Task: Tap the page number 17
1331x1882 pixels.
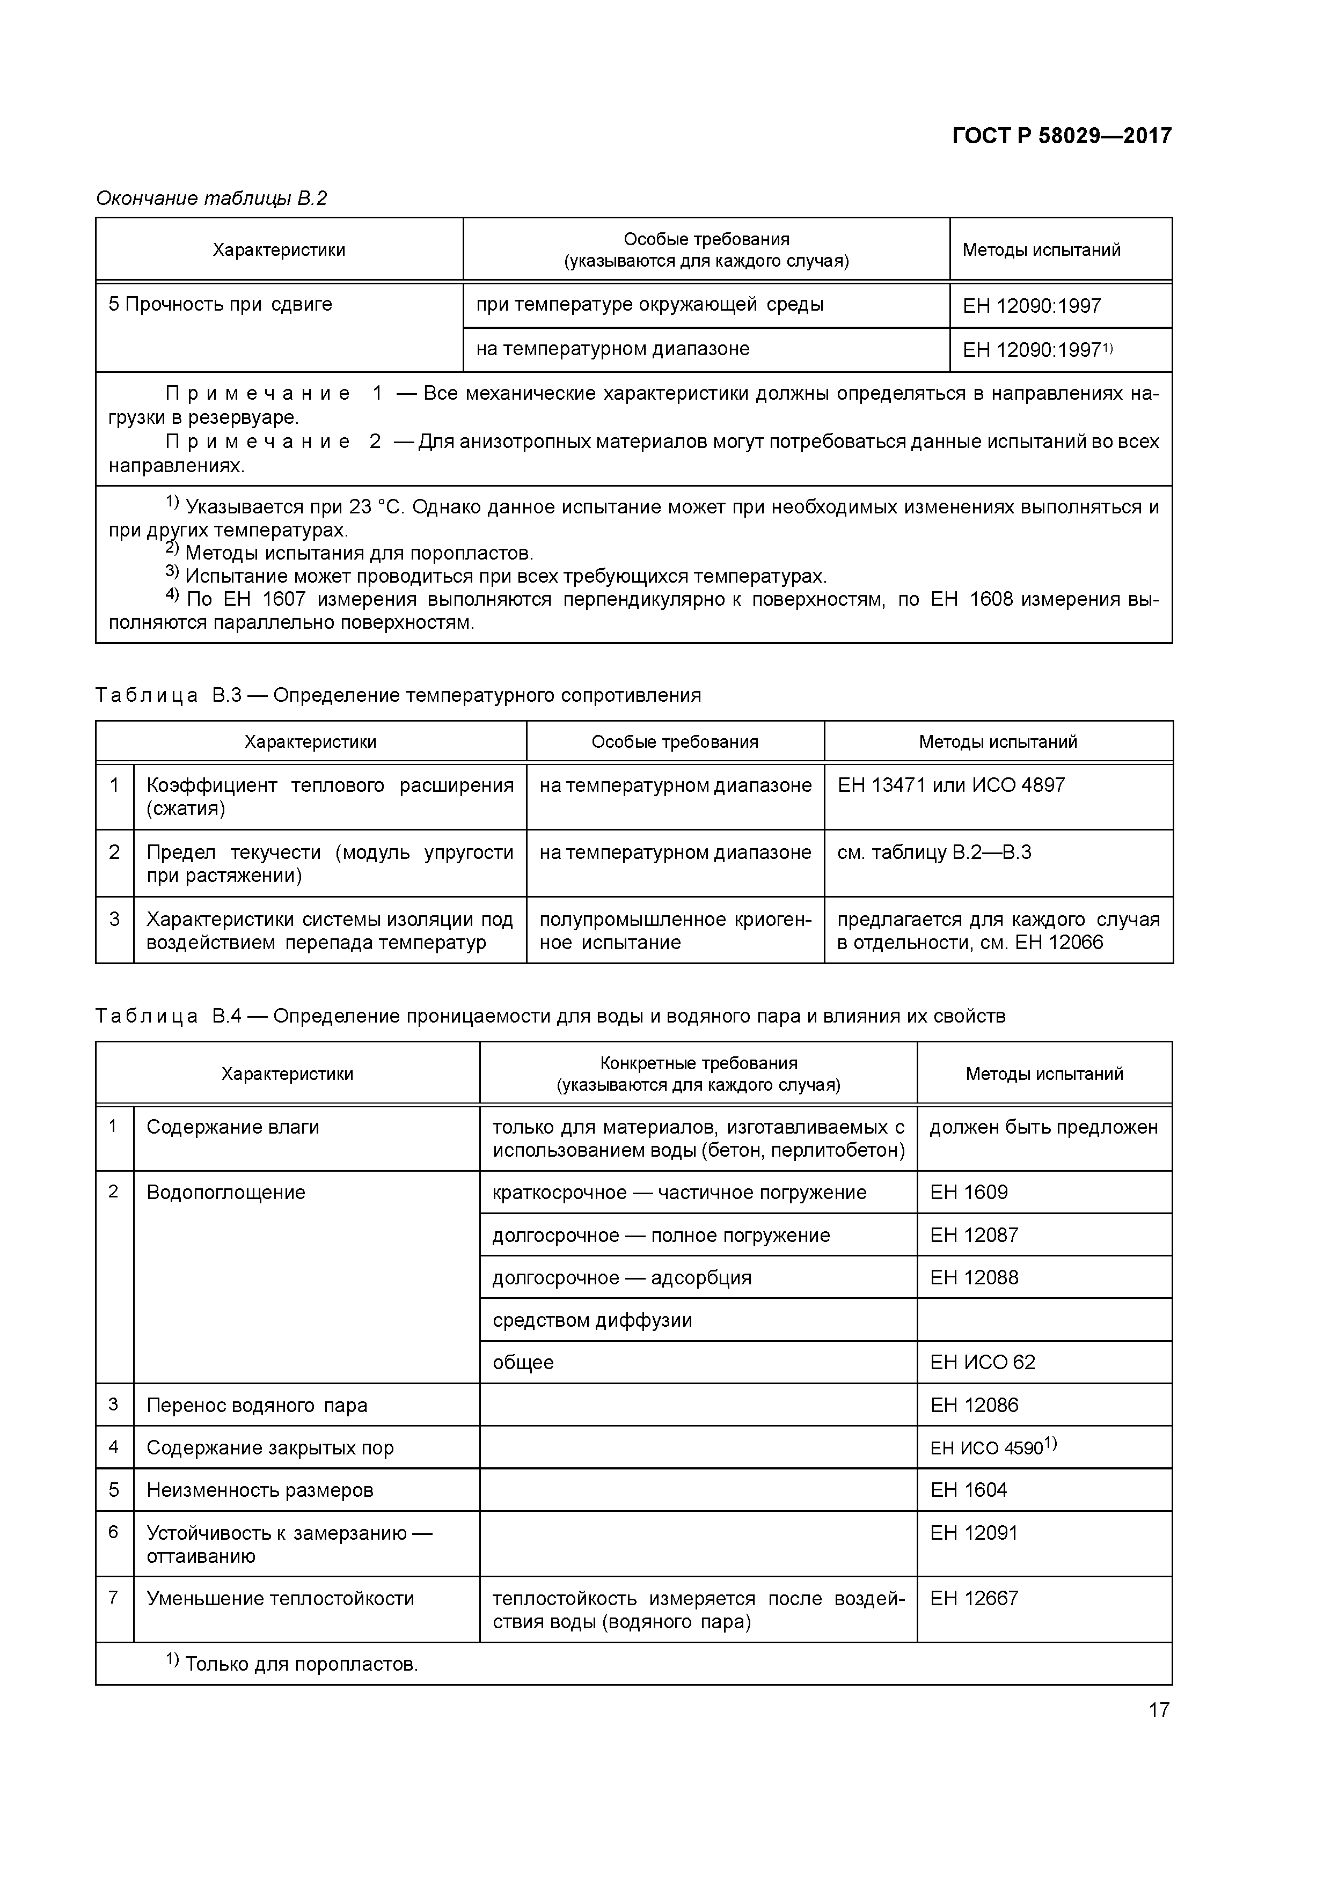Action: (x=1158, y=1709)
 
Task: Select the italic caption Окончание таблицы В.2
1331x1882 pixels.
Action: (x=211, y=199)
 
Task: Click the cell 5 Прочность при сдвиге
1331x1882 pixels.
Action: (x=220, y=304)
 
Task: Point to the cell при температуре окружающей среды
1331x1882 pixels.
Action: (x=649, y=305)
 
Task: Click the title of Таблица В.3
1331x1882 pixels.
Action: (x=398, y=695)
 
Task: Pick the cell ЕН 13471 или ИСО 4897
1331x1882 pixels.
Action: (x=950, y=785)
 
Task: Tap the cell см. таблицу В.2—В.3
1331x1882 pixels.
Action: (x=933, y=852)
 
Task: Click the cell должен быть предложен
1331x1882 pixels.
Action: (x=1043, y=1127)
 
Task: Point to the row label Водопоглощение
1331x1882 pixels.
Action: (x=225, y=1193)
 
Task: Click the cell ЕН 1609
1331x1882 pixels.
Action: (x=969, y=1193)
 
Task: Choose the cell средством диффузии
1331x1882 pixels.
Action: (x=592, y=1320)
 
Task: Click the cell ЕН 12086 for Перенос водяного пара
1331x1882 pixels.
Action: (x=974, y=1405)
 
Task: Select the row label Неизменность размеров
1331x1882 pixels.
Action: (x=259, y=1490)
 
